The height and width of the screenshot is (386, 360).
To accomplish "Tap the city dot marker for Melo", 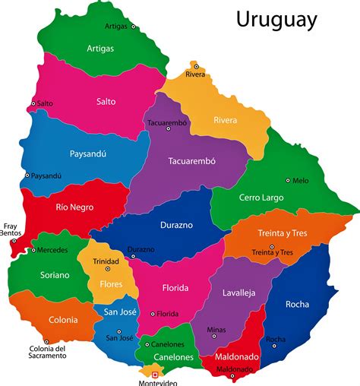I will pos(288,180).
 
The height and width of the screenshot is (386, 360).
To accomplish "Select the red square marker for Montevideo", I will pos(156,375).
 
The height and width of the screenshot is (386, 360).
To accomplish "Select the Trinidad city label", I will pos(106,261).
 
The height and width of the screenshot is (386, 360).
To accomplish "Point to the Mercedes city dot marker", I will pos(33,249).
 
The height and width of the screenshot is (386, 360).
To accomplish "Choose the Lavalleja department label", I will pos(239,293).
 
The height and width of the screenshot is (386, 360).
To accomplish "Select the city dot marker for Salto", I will pos(33,103).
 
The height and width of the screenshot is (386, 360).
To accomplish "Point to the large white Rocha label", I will pos(297,304).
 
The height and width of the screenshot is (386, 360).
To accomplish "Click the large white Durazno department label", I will pos(175,225).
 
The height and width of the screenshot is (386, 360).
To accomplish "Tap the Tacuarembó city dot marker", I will pos(169,128).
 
